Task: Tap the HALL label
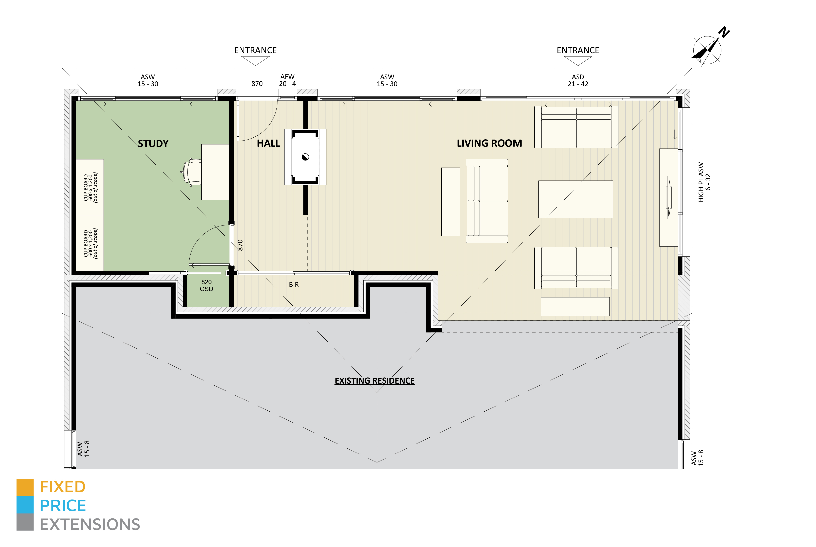tap(269, 143)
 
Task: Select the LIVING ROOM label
tap(489, 143)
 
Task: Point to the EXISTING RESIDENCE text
tap(375, 381)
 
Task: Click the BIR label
tap(294, 285)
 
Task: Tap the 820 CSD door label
tap(207, 285)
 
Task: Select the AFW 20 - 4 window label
tap(287, 80)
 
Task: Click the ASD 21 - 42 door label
tap(578, 80)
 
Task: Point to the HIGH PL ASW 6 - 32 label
tap(704, 182)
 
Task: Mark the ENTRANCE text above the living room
tap(578, 50)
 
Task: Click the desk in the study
tap(216, 172)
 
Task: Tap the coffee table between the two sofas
tap(576, 199)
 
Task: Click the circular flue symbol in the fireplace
tap(305, 157)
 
